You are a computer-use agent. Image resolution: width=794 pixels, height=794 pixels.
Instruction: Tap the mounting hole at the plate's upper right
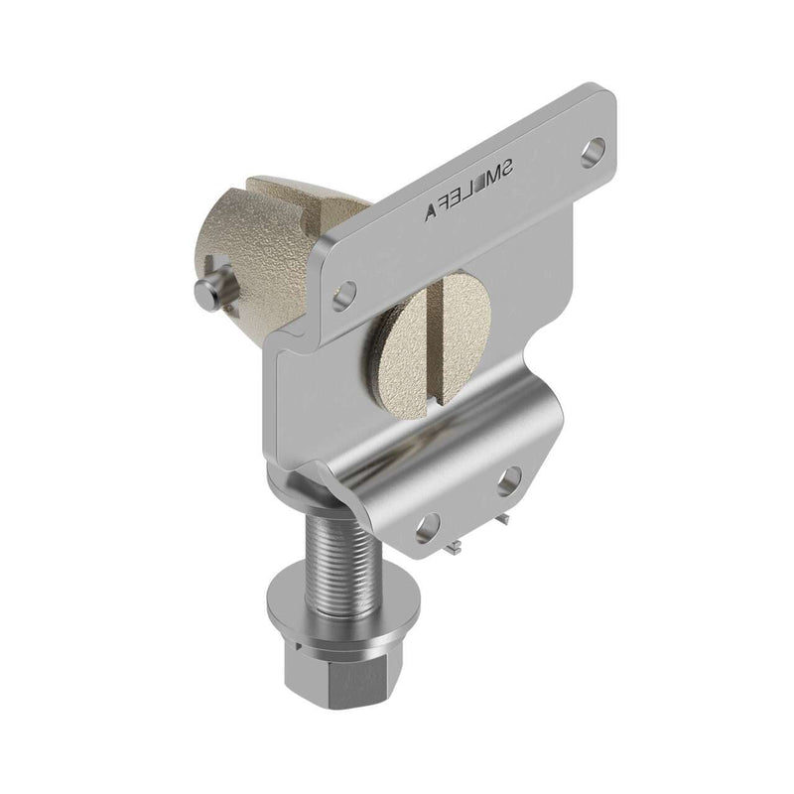[x=595, y=152]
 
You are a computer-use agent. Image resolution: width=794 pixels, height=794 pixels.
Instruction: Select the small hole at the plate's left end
[x=344, y=294]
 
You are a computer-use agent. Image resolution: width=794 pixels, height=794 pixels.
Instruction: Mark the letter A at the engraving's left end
[x=430, y=209]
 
